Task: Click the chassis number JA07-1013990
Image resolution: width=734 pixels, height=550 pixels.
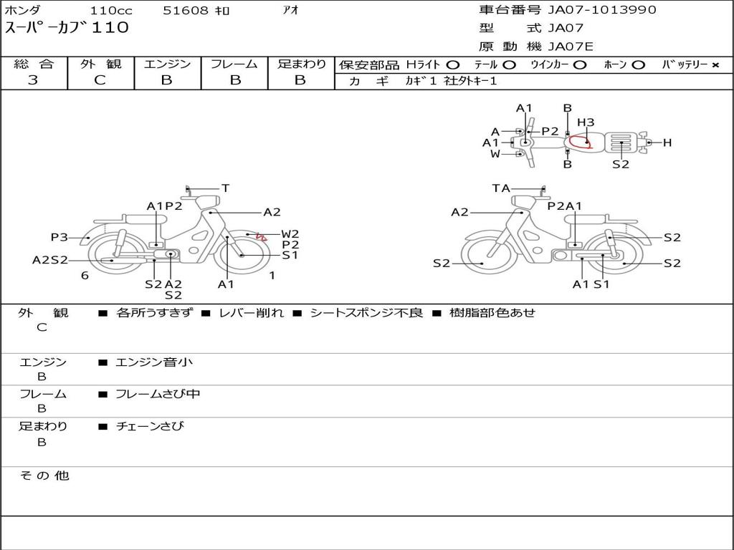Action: pos(602,10)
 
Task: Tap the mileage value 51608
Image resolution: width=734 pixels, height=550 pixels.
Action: pos(185,10)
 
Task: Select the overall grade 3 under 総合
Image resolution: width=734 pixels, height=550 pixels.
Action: pos(33,80)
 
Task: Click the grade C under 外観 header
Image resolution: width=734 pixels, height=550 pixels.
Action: pos(100,80)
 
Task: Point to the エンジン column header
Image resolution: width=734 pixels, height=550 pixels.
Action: pos(167,64)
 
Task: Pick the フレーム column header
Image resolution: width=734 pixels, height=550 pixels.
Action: pos(234,64)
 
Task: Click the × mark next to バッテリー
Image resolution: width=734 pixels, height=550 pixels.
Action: pos(715,65)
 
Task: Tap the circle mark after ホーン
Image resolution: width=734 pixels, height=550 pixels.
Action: pos(638,65)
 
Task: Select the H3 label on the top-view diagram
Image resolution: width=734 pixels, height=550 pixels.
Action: pos(586,122)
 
